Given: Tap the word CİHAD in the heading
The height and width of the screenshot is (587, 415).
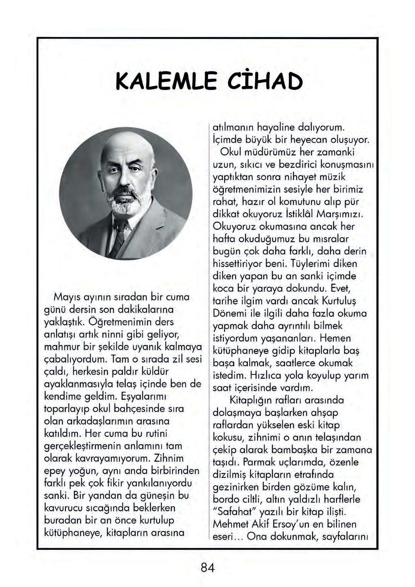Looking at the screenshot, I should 265,81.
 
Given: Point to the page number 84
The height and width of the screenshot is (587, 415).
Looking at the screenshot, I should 207,568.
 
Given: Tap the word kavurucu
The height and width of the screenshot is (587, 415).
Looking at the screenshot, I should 63,508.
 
